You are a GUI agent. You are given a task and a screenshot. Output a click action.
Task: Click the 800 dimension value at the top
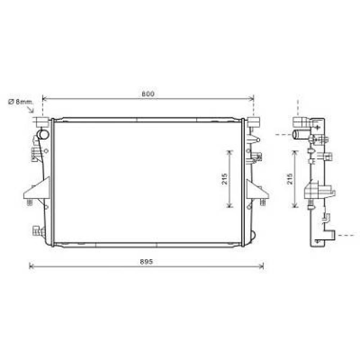coord(148,94)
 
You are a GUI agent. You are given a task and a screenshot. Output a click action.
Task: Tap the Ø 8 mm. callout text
coord(21,102)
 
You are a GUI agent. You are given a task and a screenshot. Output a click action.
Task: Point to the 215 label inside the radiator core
coord(225,179)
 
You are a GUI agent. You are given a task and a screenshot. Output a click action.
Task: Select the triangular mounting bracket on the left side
coord(37,189)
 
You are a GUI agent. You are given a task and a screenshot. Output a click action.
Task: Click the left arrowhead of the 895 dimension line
coord(30,266)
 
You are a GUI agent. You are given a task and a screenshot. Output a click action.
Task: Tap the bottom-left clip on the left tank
coord(38,230)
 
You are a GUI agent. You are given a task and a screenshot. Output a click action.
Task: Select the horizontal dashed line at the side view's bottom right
coord(347,236)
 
